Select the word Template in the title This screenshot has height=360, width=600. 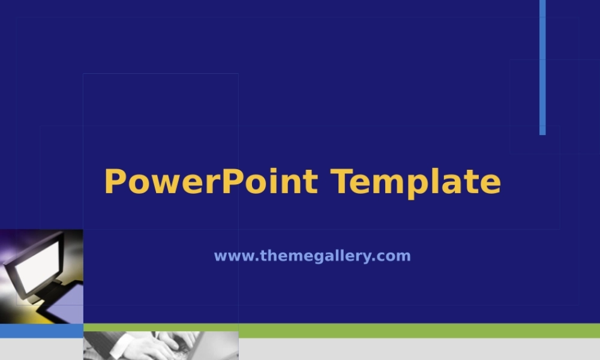415,182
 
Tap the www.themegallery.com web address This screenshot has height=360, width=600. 312,256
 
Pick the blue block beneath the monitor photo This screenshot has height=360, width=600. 41,331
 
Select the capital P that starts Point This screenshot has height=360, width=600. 231,182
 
